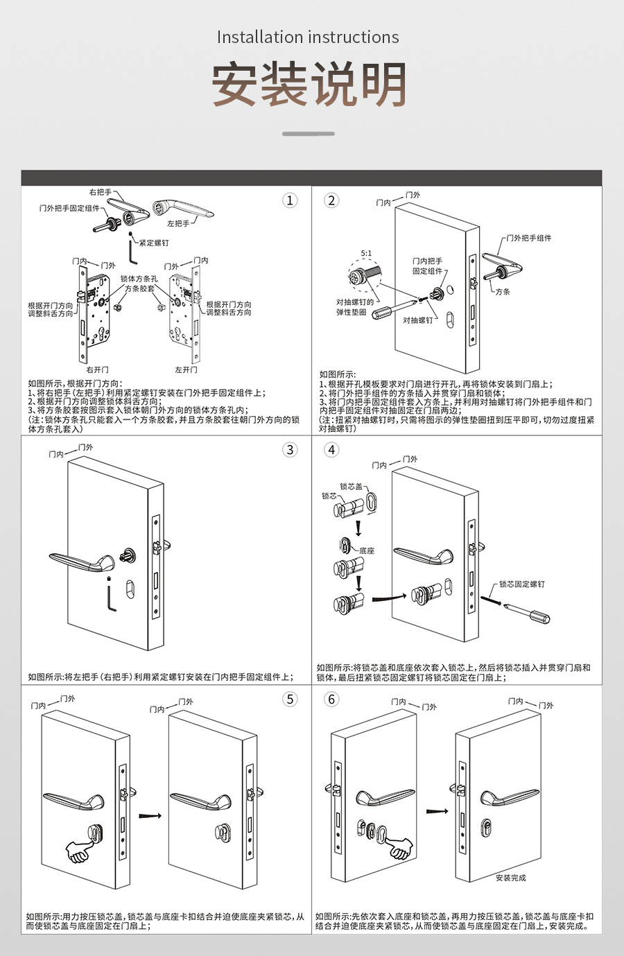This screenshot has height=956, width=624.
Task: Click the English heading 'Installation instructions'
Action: tap(308, 37)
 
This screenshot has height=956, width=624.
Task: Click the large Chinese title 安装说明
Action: tap(309, 85)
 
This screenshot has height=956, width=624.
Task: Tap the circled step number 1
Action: tap(290, 200)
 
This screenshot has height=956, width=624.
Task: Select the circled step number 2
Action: tap(331, 200)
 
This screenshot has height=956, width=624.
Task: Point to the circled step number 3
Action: tap(290, 450)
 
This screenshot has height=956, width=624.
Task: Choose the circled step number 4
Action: tap(331, 450)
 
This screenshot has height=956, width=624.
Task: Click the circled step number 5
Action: tap(290, 699)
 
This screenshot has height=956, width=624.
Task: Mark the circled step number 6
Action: tap(331, 699)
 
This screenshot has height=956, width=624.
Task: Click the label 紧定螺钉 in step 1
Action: tap(153, 243)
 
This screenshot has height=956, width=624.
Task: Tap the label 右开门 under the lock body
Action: tap(97, 370)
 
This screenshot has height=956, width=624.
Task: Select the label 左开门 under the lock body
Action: tap(186, 370)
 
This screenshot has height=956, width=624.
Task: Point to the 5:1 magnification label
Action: tap(366, 254)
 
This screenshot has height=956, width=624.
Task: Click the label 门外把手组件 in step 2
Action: tap(528, 238)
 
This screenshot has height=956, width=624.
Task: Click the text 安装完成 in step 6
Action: tap(510, 878)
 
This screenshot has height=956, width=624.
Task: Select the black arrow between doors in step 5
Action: tap(150, 816)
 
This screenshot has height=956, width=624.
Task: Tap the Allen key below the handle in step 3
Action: tap(111, 596)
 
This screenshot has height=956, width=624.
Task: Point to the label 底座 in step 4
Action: tap(367, 551)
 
